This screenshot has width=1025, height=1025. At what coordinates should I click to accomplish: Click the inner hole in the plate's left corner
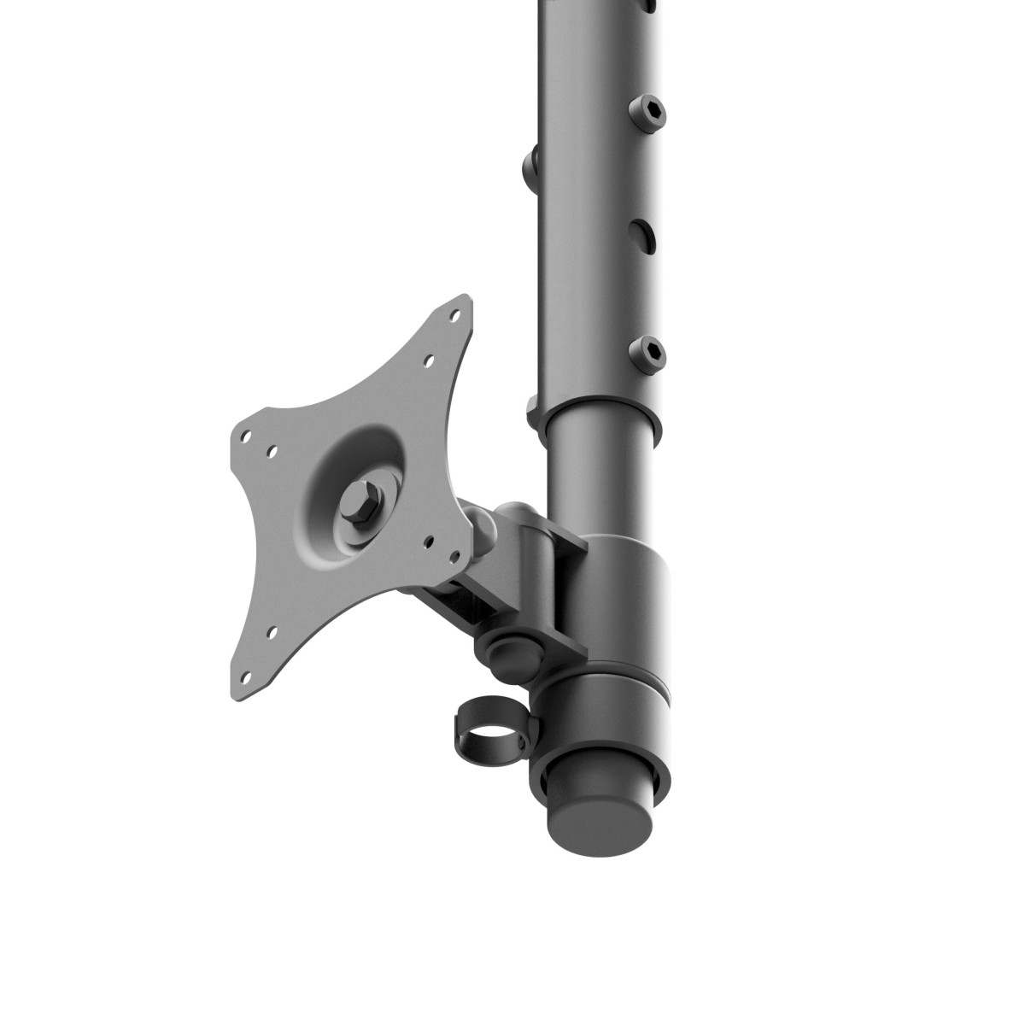click(x=272, y=448)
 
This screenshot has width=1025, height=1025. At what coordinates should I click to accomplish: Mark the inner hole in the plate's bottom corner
click(x=272, y=633)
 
